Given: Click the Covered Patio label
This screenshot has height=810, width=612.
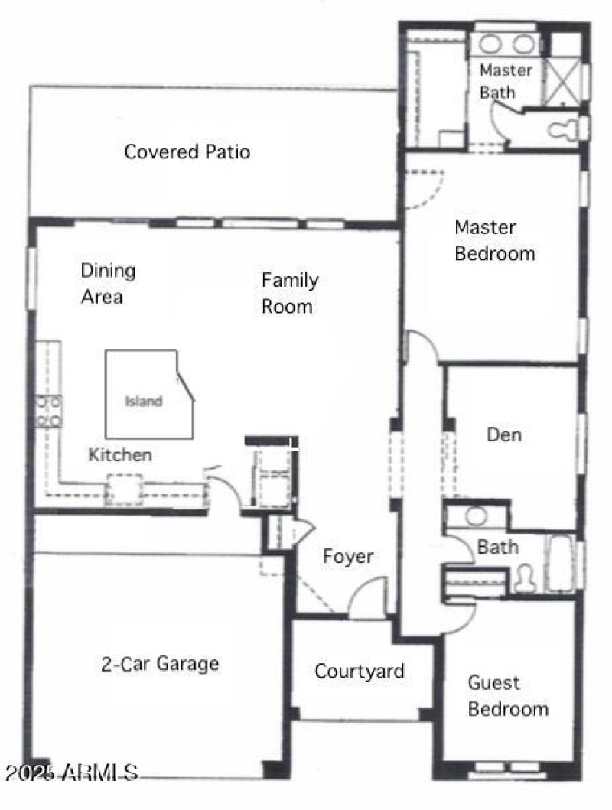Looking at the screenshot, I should (x=187, y=151).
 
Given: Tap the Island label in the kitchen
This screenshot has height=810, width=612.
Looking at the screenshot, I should (x=144, y=401).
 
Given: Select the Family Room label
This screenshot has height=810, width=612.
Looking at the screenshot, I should (x=289, y=293).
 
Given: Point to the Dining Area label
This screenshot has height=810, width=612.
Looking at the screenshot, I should (x=108, y=283).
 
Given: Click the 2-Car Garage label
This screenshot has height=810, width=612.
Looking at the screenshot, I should (x=160, y=663).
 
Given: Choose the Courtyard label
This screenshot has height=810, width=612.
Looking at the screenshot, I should (x=359, y=672).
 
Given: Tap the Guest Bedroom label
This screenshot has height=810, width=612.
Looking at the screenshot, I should (x=508, y=695).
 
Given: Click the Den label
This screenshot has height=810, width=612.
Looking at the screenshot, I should (x=504, y=434).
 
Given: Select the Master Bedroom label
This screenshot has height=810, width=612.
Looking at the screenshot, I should (x=495, y=240).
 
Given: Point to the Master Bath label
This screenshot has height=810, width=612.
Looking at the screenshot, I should (x=505, y=81).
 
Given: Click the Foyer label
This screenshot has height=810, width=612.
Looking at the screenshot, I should (x=347, y=556).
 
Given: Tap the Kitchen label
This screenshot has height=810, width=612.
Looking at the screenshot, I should (x=120, y=455).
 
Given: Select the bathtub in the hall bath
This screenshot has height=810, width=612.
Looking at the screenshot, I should (x=561, y=564).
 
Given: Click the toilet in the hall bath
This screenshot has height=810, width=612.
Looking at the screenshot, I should (x=526, y=577).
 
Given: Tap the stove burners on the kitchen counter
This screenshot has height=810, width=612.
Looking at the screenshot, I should (x=49, y=411).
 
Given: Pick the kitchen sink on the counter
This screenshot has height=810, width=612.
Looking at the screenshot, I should (x=124, y=489).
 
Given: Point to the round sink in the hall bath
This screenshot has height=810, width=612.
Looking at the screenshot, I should (x=476, y=516).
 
